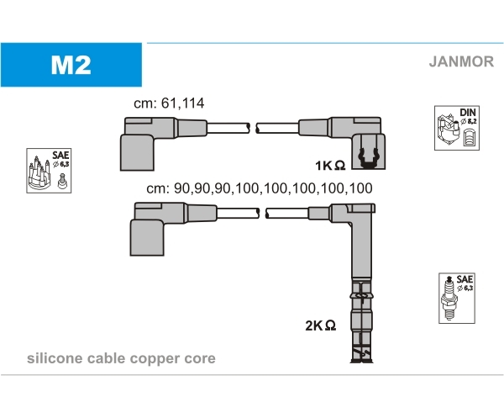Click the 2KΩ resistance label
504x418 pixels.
pyautogui.click(x=321, y=325)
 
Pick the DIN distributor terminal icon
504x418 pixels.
pyautogui.click(x=457, y=129)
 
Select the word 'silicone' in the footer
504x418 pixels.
pyautogui.click(x=54, y=358)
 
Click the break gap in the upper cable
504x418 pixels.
pyautogui.click(x=253, y=128)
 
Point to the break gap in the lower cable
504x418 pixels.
pyautogui.click(x=260, y=214)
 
